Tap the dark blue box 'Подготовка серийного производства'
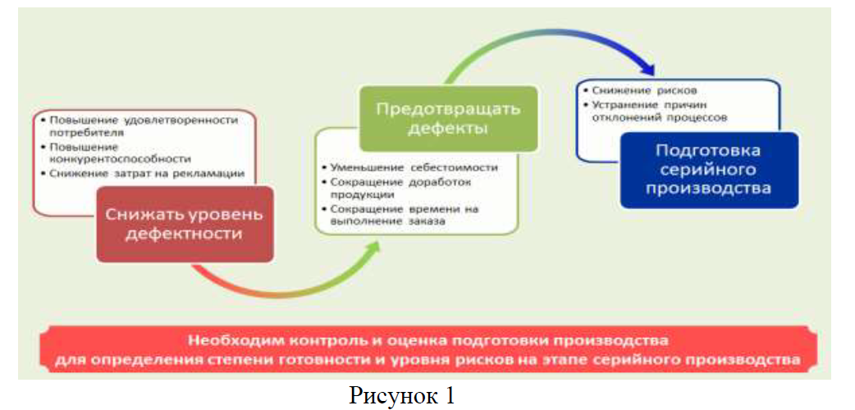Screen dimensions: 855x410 707,169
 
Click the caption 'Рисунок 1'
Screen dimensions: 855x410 402,394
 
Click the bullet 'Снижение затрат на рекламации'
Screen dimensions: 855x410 147,173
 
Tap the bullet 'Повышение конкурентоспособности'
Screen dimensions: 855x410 120,153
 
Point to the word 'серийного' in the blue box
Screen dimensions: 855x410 707,169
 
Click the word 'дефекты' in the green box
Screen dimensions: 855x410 448,129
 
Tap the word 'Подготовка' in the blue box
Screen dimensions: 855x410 708,151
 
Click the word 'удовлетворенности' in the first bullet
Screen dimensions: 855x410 185,120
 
